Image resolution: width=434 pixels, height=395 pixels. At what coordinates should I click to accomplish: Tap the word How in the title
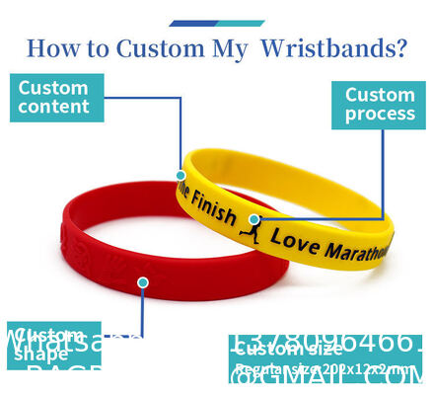tap(49, 48)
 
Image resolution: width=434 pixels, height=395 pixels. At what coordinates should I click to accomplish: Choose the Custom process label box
tap(380, 105)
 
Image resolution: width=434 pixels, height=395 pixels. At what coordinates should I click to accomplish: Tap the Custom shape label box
tap(53, 344)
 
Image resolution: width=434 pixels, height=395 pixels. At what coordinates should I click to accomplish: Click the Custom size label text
tap(288, 349)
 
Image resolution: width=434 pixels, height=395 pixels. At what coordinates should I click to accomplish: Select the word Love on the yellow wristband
tap(291, 238)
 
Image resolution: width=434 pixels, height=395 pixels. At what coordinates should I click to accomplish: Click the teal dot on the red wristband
tap(143, 282)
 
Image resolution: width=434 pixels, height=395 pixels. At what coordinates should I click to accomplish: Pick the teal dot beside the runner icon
tap(254, 219)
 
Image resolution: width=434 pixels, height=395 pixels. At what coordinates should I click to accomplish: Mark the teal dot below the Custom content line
tap(181, 175)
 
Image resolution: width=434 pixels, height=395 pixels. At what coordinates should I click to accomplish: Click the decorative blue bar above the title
tap(216, 23)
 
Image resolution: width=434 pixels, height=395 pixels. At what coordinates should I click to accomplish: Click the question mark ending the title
tap(398, 48)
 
